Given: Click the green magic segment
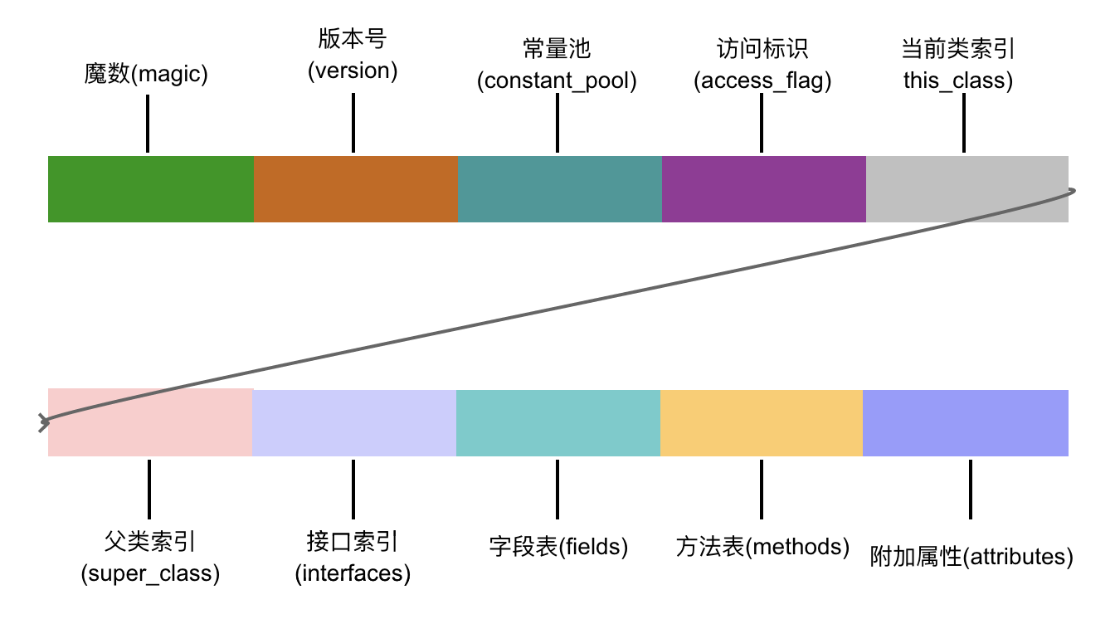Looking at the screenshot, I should coord(150,189).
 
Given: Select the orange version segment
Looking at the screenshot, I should coord(355,189).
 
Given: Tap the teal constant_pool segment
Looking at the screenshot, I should coord(559,189).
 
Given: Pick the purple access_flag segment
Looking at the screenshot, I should coord(763,189).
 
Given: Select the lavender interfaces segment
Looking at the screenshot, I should coord(353,422).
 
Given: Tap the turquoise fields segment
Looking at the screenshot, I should coord(557,422).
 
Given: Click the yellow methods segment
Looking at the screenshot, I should coord(761,422).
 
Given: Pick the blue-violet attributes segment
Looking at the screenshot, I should coord(965,422).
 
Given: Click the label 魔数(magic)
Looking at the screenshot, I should coord(146,75).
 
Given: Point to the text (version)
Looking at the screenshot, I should coord(353,71).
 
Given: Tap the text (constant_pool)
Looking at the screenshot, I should coord(557,81).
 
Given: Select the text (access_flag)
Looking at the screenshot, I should coord(762,81).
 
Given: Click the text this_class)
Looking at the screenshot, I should coord(958,81).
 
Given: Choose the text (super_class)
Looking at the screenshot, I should coord(150,573).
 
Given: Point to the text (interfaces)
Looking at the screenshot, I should coord(353,573).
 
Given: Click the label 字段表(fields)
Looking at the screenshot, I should coord(558,548).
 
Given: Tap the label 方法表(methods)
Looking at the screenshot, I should coord(762,548).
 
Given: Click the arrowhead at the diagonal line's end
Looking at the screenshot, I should coord(43,423).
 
